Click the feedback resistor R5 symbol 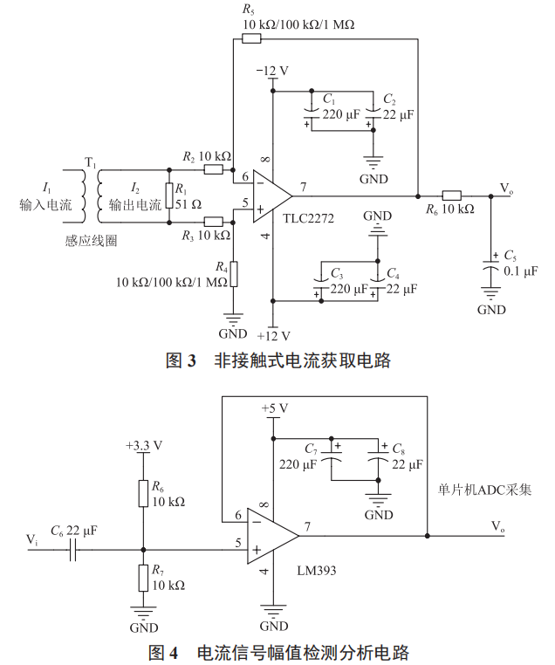click(x=250, y=38)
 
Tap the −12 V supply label click(x=271, y=71)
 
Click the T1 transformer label click(x=90, y=161)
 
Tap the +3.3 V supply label click(x=143, y=444)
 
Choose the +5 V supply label click(x=274, y=408)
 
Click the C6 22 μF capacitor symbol click(x=76, y=551)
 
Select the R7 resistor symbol click(x=142, y=578)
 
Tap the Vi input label click(x=32, y=541)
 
